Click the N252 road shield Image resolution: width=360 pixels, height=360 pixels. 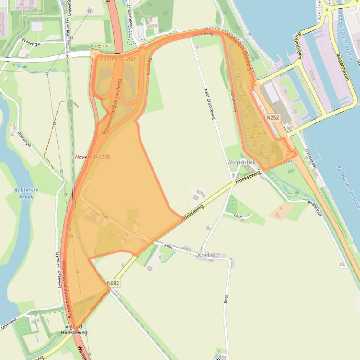click(273, 118)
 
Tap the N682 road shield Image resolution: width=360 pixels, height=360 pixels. click(113, 283)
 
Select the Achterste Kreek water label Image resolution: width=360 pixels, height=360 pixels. click(26, 194)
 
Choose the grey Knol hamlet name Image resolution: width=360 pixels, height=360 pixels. click(204, 255)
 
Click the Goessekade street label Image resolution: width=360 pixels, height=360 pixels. click(311, 158)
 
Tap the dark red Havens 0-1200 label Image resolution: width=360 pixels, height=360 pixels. click(93, 157)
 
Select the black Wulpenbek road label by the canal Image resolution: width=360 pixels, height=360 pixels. click(315, 208)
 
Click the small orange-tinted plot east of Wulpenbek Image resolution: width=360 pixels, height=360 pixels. click(280, 211)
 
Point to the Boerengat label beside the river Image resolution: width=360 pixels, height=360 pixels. click(24, 138)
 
